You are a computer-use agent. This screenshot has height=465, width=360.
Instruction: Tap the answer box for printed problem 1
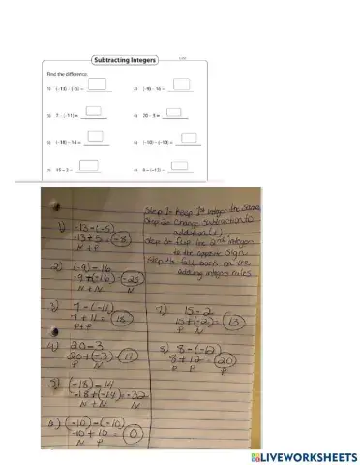(x=95, y=86)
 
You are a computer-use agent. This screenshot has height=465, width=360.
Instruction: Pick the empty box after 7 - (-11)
(x=94, y=112)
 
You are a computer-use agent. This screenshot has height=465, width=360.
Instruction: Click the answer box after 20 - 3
(x=173, y=113)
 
